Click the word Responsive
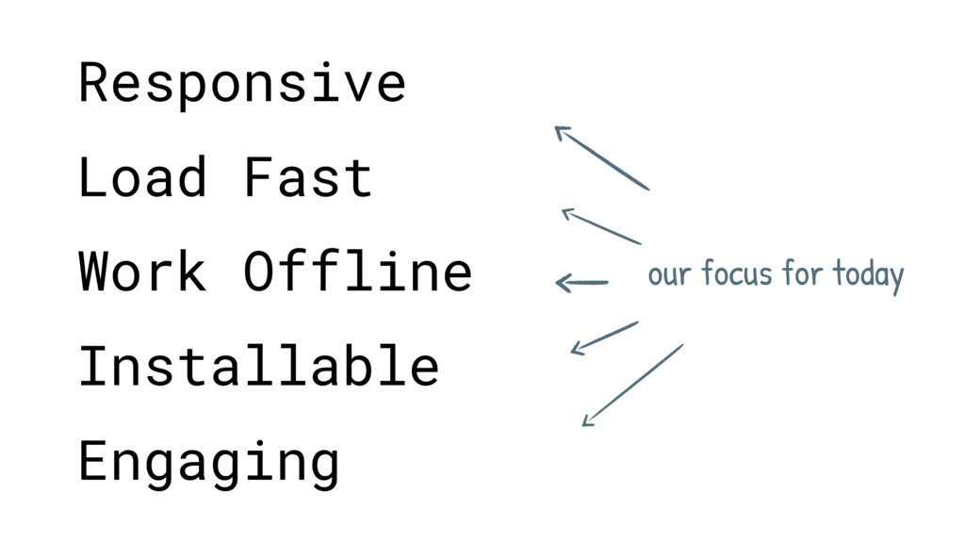[x=242, y=85]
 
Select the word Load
[x=142, y=177]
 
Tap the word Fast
[x=308, y=177]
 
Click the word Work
[x=142, y=271]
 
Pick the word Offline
[x=357, y=271]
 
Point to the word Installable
[x=259, y=365]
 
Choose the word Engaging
[x=209, y=463]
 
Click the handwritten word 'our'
[x=669, y=275]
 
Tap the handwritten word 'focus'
[x=737, y=272]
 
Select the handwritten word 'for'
[x=803, y=272]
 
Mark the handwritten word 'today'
[x=868, y=276]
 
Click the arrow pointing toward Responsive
[x=602, y=158]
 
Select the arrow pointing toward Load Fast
[x=601, y=226]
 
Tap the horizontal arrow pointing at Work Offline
[x=581, y=283]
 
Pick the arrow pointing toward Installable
[x=604, y=338]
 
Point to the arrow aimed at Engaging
[x=632, y=386]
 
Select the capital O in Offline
[x=258, y=271]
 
